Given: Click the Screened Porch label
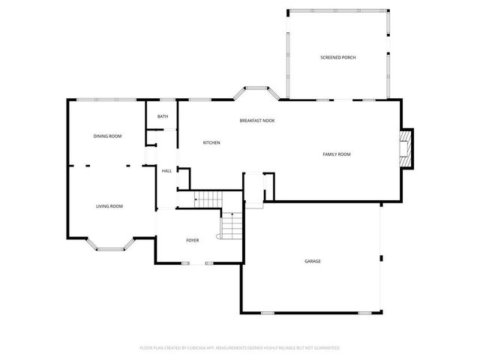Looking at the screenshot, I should click(x=337, y=58).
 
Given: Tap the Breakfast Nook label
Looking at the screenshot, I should click(x=256, y=121).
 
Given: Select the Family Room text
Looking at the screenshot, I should click(x=337, y=154).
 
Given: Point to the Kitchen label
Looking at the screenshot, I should click(x=211, y=142).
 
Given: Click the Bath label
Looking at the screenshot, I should click(x=163, y=117).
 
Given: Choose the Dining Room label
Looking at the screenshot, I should click(x=107, y=136).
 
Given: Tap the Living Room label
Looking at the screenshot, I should click(x=109, y=206).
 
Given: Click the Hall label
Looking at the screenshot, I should click(x=166, y=171).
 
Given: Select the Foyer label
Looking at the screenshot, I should click(x=193, y=240).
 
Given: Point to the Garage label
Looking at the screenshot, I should click(x=313, y=261).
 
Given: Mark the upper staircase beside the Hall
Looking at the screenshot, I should click(x=209, y=198).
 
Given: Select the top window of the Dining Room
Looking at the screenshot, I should click(x=105, y=100).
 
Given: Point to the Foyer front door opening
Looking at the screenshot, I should click(x=197, y=263).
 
